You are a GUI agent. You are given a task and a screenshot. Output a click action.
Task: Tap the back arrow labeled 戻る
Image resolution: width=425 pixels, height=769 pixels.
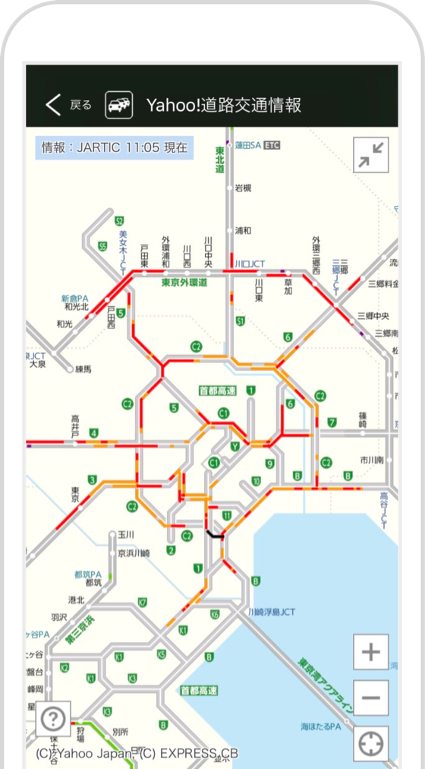coord(68,105)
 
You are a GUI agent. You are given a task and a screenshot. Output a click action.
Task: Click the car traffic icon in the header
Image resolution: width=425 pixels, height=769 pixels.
coord(118,105)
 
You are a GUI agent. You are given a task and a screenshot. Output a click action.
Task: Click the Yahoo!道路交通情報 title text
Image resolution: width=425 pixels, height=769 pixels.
coord(224,105)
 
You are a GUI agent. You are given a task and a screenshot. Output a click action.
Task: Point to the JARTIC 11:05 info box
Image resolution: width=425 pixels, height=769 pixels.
coord(114,147)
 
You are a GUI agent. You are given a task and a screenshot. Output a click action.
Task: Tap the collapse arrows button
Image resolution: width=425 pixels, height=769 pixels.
coord(371,155)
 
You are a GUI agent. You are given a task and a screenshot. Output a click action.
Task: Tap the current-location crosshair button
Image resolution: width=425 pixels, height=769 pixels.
coord(370,743)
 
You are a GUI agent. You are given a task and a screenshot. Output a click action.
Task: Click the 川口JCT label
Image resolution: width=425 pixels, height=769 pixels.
coord(250,264)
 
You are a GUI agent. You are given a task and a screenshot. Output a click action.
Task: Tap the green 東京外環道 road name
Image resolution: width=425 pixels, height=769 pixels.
coord(185,283)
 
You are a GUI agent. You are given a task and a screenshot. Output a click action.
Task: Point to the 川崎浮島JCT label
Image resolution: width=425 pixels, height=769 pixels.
coord(272,611)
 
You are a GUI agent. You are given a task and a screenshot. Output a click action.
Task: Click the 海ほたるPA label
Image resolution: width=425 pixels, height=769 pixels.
coord(320,726)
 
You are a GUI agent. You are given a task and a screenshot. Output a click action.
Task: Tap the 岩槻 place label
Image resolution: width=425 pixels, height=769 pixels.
coord(243,188)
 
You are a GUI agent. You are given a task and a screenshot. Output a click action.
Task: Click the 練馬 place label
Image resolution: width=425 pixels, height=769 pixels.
coord(83,369)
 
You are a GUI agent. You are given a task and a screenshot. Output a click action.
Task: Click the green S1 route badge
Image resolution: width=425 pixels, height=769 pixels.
coord(240,321)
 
